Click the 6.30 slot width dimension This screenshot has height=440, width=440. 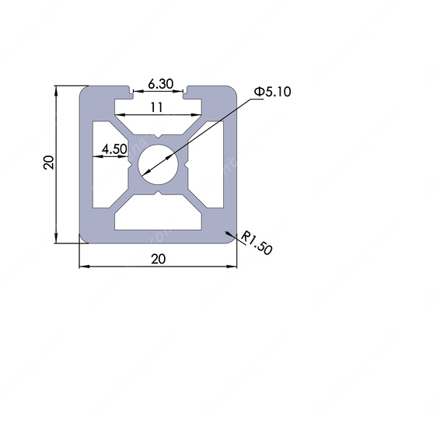(160, 84)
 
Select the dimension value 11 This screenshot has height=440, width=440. (156, 107)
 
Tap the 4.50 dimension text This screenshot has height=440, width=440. (114, 149)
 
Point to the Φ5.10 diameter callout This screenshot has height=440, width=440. (273, 92)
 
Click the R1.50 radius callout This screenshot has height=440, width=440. (257, 243)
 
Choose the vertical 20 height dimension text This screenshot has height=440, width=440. (48, 162)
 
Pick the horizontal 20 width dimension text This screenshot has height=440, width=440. (159, 259)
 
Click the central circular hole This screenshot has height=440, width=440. (159, 165)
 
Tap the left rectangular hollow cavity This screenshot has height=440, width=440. (102, 165)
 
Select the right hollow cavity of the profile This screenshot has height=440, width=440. (215, 165)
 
